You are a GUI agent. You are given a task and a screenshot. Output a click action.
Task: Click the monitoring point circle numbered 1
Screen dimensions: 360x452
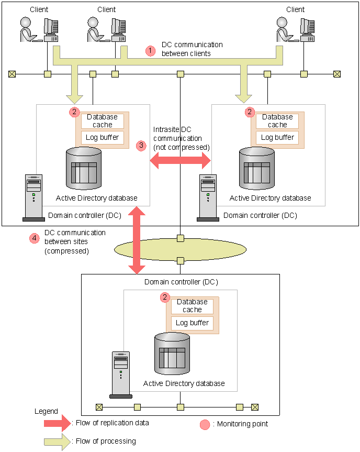tap(150, 51)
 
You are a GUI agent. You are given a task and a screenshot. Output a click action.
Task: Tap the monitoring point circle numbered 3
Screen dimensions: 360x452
tap(141, 146)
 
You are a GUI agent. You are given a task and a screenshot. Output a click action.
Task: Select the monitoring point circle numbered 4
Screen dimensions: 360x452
tap(34, 238)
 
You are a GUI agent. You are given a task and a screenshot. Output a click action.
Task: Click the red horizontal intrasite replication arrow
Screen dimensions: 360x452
tap(181, 160)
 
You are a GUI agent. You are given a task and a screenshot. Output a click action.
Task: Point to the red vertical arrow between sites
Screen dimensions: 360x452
tap(137, 240)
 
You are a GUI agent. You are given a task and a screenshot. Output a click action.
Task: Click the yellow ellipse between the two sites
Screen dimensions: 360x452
tap(181, 250)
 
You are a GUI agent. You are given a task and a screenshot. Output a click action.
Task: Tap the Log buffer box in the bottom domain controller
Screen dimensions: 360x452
tap(192, 323)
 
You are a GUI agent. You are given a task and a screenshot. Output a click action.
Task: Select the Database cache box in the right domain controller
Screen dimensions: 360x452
tap(277, 121)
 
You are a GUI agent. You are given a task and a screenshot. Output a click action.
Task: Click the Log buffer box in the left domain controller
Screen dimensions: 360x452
tap(102, 138)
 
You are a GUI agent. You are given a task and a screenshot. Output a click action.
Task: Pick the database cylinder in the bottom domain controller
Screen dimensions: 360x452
tap(172, 354)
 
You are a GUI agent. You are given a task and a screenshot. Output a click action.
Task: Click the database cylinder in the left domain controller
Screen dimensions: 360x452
tap(84, 169)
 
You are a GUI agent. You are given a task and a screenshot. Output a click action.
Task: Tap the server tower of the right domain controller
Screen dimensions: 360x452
tap(208, 198)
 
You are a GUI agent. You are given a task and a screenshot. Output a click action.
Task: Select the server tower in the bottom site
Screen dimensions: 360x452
tap(121, 375)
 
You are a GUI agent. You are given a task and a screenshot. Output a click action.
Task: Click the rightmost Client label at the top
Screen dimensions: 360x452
tap(295, 9)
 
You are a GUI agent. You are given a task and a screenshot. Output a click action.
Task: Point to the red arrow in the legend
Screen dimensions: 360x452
tap(58, 423)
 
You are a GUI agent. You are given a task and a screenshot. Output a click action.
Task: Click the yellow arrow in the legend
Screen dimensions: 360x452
tap(58, 442)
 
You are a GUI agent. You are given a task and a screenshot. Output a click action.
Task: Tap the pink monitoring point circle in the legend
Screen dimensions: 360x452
tap(205, 424)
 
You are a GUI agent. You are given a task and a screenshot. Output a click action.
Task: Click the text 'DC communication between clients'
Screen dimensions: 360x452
tap(192, 49)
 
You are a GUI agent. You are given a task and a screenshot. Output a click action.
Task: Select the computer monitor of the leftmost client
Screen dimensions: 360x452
tap(51, 30)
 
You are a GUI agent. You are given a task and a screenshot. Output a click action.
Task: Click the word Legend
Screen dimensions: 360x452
tap(46, 411)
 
